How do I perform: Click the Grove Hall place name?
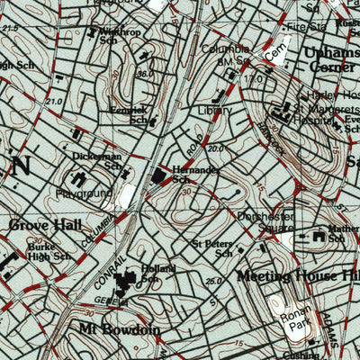pyautogui.click(x=45, y=224)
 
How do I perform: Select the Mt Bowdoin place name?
pyautogui.click(x=119, y=329)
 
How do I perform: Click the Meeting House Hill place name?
pyautogui.click(x=298, y=275)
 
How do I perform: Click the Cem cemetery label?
pyautogui.click(x=274, y=57)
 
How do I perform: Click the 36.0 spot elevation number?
pyautogui.click(x=146, y=74)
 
